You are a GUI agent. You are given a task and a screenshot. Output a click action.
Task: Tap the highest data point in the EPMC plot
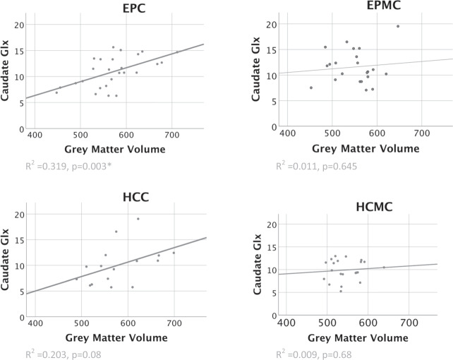[398, 26]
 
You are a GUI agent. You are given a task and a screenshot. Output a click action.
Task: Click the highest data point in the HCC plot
[138, 219]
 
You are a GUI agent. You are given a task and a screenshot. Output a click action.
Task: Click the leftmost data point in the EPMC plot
[311, 88]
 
